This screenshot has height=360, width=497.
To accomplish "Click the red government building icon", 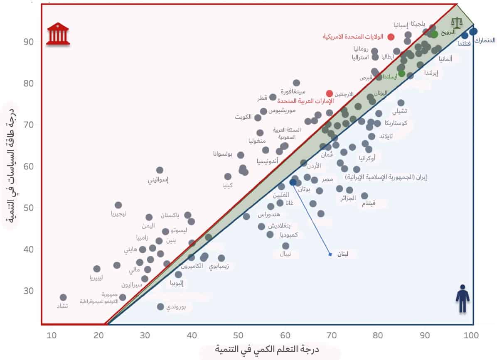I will point(58,34).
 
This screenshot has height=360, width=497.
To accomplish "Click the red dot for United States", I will point(391,37).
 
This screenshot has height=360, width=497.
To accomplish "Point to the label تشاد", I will point(62,306).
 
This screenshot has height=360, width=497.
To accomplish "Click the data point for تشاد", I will point(63,297).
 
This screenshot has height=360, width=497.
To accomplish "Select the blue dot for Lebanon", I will point(293,182).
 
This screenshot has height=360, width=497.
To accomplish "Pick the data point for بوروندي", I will point(160,306).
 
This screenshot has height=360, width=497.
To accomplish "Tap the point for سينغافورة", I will point(296,83).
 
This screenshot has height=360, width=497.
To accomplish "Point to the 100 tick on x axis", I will point(472,335).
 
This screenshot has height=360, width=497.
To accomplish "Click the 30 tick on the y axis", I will point(28,291).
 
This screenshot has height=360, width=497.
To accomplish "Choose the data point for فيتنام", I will point(364,196).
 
